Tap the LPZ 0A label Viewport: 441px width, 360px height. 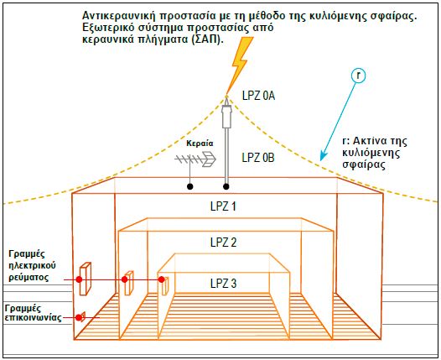click(x=258, y=96)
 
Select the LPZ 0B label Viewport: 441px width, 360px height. click(x=258, y=158)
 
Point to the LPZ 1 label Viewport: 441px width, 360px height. click(x=223, y=206)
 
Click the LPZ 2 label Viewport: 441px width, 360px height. click(x=223, y=243)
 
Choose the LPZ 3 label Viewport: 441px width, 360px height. click(x=223, y=284)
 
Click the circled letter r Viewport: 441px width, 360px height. click(x=358, y=76)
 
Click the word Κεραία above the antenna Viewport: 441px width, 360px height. click(x=200, y=143)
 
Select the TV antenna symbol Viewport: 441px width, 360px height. click(x=195, y=159)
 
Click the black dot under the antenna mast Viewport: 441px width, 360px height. click(x=190, y=186)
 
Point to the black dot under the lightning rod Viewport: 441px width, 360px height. click(x=226, y=186)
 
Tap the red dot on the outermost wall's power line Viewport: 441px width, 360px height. click(x=79, y=279)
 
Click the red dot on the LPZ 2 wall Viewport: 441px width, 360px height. click(x=125, y=279)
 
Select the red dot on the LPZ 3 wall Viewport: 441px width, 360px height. click(x=162, y=279)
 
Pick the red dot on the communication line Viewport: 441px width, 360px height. click(x=79, y=318)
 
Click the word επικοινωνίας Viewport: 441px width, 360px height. click(x=34, y=318)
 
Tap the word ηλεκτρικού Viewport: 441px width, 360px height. click(x=32, y=265)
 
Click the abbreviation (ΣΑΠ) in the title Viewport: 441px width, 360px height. click(x=208, y=39)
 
